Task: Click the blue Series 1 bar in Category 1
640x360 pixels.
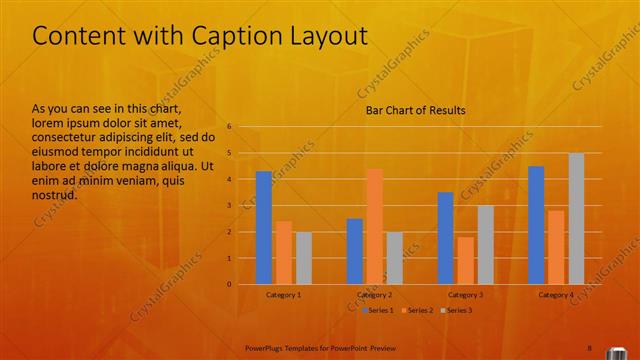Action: [264, 228]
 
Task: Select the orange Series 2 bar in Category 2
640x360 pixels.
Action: [375, 227]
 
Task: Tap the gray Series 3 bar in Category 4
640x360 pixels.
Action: [576, 219]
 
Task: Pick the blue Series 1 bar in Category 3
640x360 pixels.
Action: [445, 238]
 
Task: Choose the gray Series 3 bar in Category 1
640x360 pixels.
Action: [304, 258]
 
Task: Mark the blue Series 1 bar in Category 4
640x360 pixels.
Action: [536, 225]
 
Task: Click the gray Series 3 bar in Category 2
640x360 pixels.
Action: [395, 258]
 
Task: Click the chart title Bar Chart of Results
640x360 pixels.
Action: [414, 110]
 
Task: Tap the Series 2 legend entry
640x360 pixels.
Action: [419, 310]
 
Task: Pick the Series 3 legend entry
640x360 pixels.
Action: [458, 310]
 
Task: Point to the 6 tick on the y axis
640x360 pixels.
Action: [229, 127]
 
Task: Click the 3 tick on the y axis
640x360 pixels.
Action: [229, 206]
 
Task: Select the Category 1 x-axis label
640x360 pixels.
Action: [284, 295]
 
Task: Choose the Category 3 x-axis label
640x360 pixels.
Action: [465, 295]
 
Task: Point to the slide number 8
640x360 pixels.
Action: [590, 347]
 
